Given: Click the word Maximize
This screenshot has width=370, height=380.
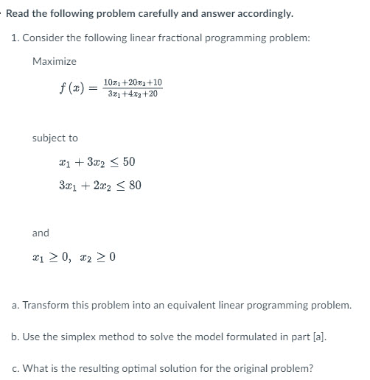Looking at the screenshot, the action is coord(55,61).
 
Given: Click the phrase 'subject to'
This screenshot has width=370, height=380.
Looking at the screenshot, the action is coord(55,138).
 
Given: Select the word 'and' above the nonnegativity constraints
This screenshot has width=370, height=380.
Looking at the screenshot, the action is coord(41,233).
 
